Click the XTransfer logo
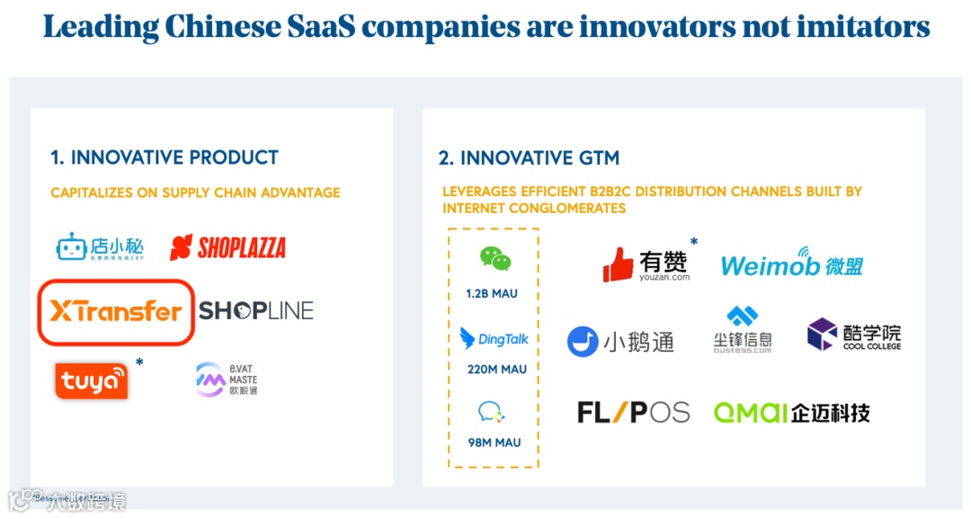(115, 312)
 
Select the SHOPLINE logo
(256, 311)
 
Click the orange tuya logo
(91, 381)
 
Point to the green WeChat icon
(494, 259)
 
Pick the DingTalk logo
(494, 339)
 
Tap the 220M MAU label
(494, 369)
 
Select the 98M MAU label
(494, 443)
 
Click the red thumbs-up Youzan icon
(619, 264)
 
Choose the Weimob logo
(791, 264)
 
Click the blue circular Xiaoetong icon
(583, 342)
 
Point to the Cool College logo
(853, 335)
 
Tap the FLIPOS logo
(633, 413)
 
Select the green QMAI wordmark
(750, 413)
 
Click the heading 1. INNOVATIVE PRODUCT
(165, 158)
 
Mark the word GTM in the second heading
(599, 158)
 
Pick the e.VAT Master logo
(227, 380)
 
